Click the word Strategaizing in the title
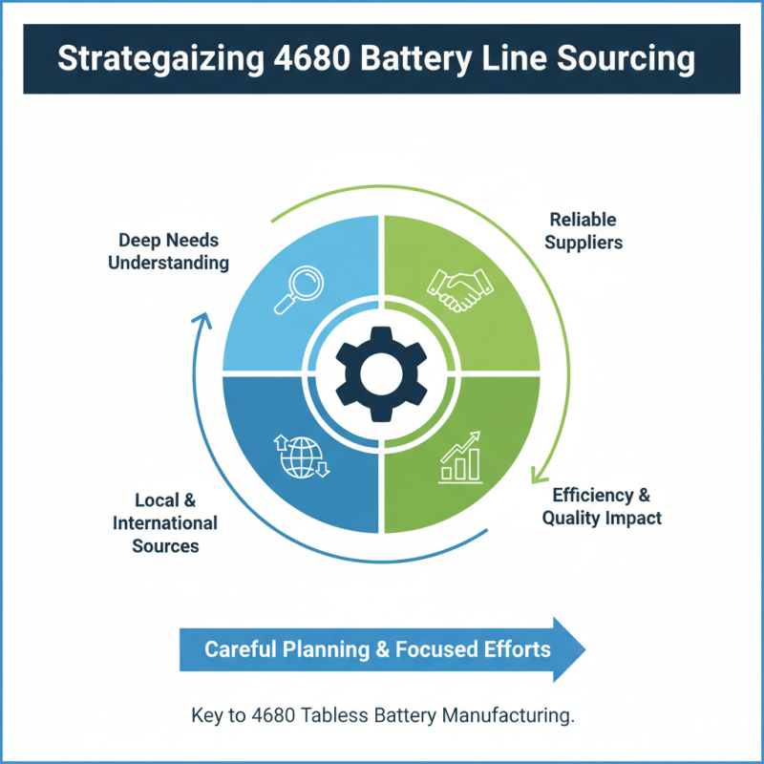[x=151, y=58]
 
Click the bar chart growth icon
[x=459, y=456]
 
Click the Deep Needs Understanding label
[x=168, y=251]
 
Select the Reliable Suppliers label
[x=584, y=230]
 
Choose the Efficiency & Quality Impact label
[x=602, y=506]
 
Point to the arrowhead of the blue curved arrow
[x=202, y=321]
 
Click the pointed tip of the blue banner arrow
[x=584, y=649]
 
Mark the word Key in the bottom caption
[x=207, y=716]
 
